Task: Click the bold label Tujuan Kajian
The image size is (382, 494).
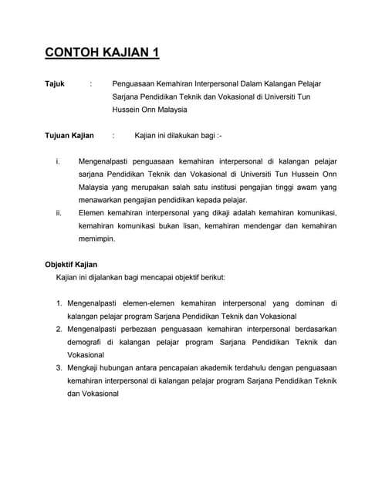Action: tap(69, 136)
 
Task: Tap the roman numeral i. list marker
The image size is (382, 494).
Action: tap(59, 162)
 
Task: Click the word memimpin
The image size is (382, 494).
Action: tap(96, 239)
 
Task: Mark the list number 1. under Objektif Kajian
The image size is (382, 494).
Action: tap(59, 303)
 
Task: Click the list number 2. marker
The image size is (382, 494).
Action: tap(59, 329)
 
